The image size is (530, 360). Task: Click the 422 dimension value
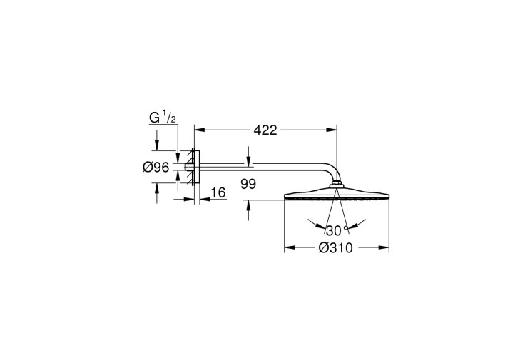tap(265, 130)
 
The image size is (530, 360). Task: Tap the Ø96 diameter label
tap(156, 167)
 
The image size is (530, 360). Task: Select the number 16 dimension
tap(218, 193)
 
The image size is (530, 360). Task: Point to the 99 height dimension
tap(248, 184)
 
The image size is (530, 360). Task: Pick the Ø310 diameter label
tap(336, 248)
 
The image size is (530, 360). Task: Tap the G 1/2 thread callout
tap(163, 118)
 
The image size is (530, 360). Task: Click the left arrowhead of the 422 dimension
tap(200, 130)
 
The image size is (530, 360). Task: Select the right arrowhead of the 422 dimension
tap(331, 130)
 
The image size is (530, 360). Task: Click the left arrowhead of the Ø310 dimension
tap(290, 247)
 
